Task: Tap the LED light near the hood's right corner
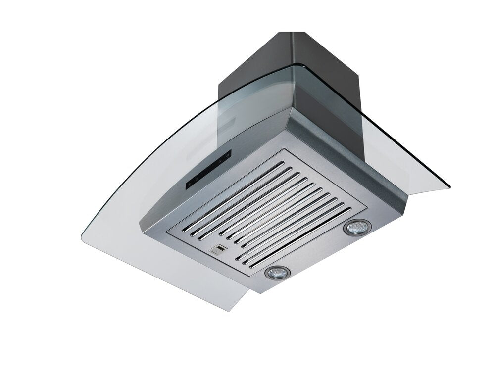[354, 228]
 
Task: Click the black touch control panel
[208, 171]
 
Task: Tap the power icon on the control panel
[227, 156]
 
